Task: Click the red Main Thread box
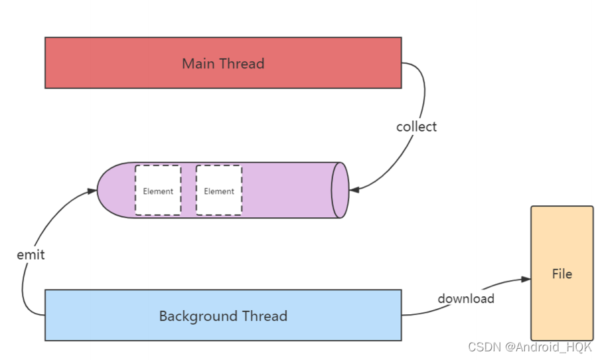pyautogui.click(x=223, y=62)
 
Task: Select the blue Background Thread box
pyautogui.click(x=223, y=315)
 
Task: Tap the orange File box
pyautogui.click(x=562, y=273)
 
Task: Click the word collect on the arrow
pyautogui.click(x=416, y=126)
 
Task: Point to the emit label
pyautogui.click(x=31, y=254)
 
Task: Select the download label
pyautogui.click(x=465, y=298)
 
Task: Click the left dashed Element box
pyautogui.click(x=158, y=191)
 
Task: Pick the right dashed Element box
pyautogui.click(x=219, y=191)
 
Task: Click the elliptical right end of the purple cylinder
pyautogui.click(x=340, y=190)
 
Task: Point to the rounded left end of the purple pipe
pyautogui.click(x=110, y=190)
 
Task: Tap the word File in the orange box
pyautogui.click(x=562, y=274)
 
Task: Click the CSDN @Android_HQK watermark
pyautogui.click(x=529, y=347)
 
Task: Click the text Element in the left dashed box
pyautogui.click(x=158, y=191)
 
